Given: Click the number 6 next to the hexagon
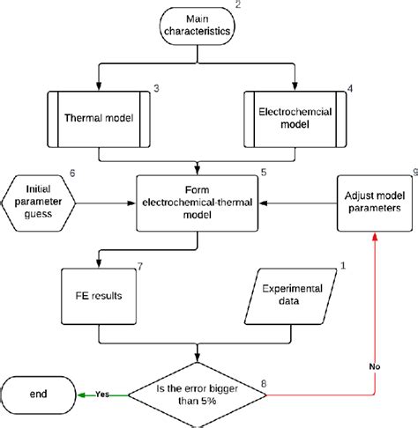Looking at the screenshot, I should pyautogui.click(x=71, y=173).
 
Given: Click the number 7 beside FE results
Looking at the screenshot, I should pyautogui.click(x=140, y=265).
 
